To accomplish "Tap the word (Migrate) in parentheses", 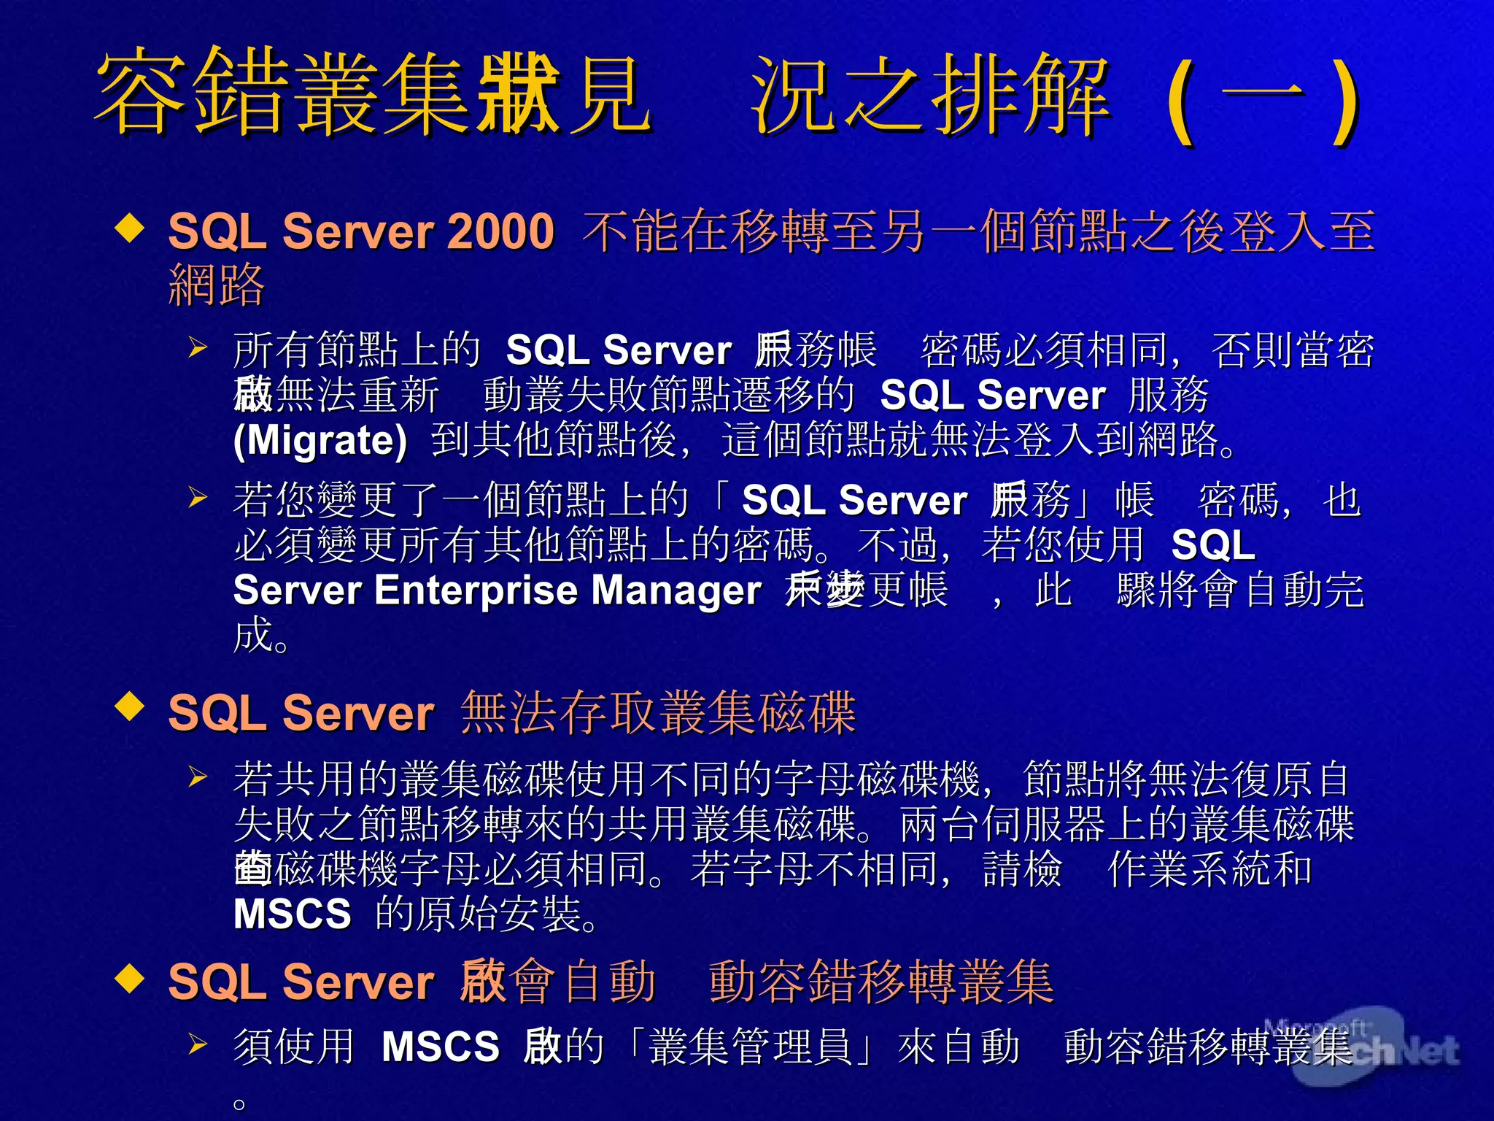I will [320, 440].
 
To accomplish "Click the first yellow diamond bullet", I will [129, 228].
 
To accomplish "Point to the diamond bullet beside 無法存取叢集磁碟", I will [129, 706].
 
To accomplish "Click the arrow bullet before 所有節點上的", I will [197, 347].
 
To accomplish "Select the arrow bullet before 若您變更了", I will [197, 498].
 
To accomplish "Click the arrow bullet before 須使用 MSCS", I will [197, 1044].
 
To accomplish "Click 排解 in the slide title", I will [1021, 95].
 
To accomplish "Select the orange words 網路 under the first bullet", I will [216, 285].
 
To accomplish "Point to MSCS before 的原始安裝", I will [292, 914].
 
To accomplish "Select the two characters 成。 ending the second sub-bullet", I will [261, 635].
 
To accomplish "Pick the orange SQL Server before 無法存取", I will [301, 713].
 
